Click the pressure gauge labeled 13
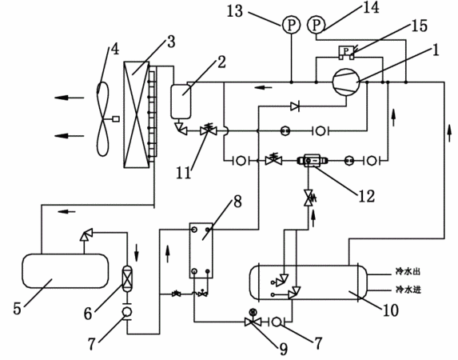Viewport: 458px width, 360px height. [291, 25]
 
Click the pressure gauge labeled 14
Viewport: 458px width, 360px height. [317, 25]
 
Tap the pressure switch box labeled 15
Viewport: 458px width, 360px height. [346, 52]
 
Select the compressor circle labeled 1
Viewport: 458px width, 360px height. [346, 82]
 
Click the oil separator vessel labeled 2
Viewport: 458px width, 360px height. [181, 102]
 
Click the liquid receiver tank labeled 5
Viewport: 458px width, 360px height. [65, 271]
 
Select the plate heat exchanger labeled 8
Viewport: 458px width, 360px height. [201, 250]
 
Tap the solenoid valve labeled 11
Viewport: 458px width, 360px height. [209, 130]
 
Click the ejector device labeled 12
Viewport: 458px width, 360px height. [312, 160]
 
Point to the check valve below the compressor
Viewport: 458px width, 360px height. [295, 106]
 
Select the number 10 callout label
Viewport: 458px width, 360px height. [391, 310]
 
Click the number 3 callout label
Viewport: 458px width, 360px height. [171, 42]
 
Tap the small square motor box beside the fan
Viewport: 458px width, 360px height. [116, 119]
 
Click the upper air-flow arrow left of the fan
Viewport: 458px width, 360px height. [70, 98]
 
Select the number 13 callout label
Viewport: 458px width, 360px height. [235, 11]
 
